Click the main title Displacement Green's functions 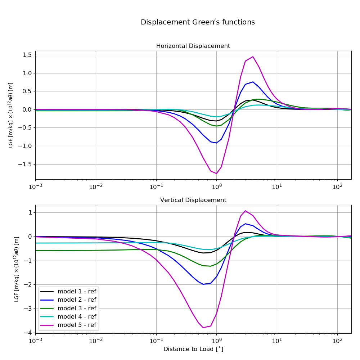198,22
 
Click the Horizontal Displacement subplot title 193,46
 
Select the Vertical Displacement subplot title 193,200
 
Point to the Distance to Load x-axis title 193,349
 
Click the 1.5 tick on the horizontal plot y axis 27,55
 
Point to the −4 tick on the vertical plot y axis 29,332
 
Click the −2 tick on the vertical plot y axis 29,284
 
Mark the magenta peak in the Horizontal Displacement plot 253,57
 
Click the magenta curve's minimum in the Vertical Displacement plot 203,328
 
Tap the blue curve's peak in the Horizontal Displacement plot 253,82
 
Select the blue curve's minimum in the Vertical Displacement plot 203,284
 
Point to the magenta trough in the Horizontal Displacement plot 216,174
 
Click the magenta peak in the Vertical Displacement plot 246,211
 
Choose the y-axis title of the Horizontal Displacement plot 11,115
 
